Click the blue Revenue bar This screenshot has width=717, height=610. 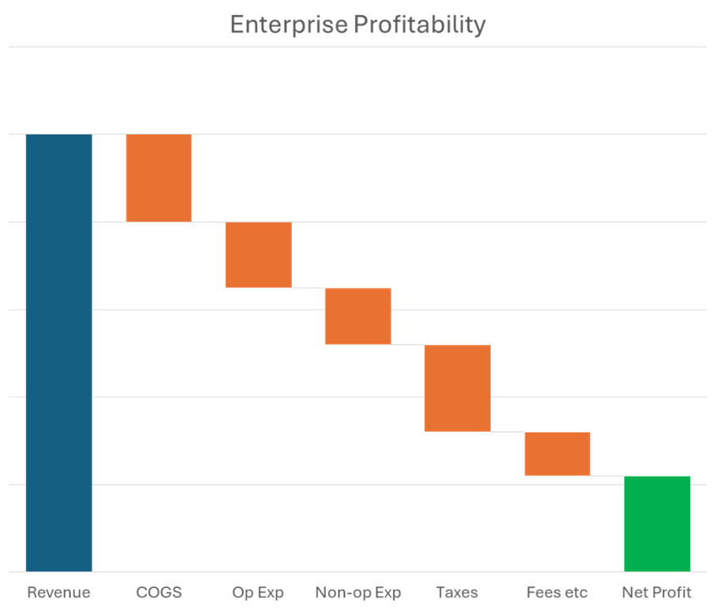tap(58, 353)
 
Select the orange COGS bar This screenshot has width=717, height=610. tap(159, 178)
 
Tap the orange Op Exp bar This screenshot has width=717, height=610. tap(258, 255)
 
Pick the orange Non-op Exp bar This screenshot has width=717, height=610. tap(358, 316)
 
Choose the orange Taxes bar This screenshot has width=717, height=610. tap(457, 388)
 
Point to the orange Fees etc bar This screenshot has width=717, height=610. tap(557, 454)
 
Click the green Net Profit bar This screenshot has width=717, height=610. tap(657, 523)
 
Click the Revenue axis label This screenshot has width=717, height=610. tap(58, 593)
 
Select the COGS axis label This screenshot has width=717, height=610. tap(159, 593)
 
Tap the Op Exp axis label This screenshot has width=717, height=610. tap(258, 593)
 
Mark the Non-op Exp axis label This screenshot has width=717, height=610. tap(358, 593)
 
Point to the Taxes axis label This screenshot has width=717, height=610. tap(457, 593)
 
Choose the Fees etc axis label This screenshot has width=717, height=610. tap(557, 593)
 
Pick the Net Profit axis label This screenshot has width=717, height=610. tap(657, 593)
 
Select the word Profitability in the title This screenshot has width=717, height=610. tap(418, 24)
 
